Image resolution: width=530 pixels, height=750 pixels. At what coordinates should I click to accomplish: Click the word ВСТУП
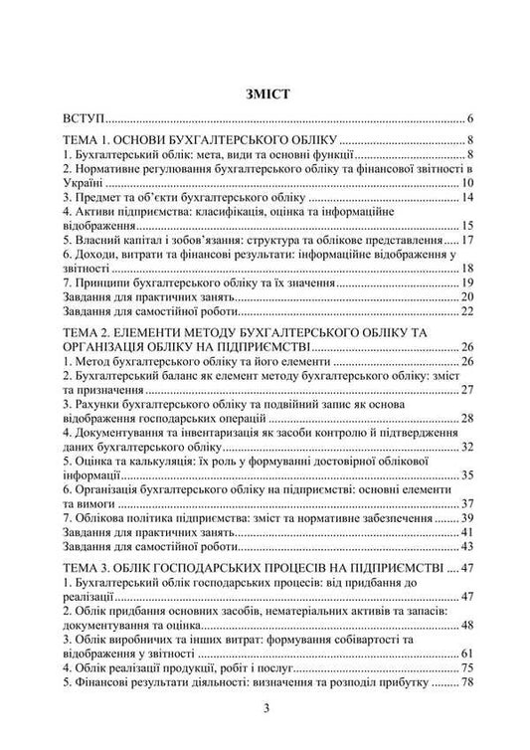pyautogui.click(x=83, y=117)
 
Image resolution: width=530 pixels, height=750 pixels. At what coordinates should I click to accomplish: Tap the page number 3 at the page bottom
pyautogui.click(x=265, y=708)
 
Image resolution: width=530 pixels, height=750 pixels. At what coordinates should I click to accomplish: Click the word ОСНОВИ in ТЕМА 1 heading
pyautogui.click(x=149, y=139)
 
